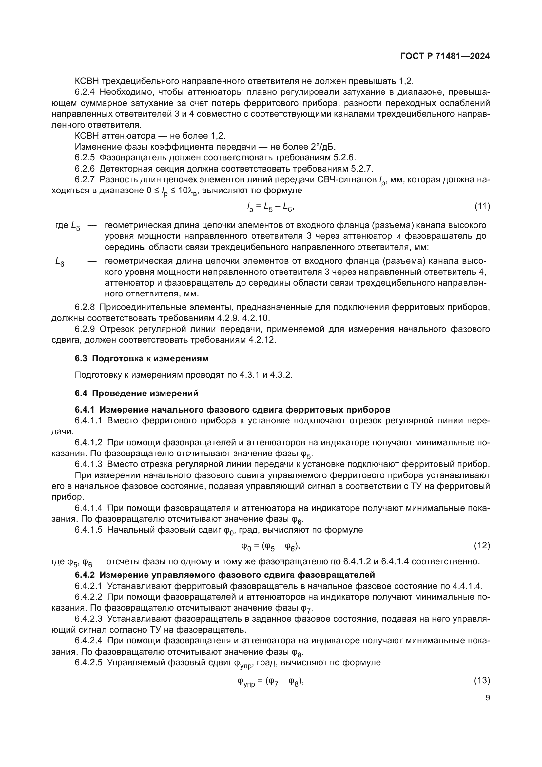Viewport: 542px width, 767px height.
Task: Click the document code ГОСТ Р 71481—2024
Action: coord(445,56)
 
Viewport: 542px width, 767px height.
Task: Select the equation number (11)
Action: coord(482,207)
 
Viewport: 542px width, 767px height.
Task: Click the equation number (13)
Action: coord(482,681)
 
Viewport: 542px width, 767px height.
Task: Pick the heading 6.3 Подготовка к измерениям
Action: coord(142,358)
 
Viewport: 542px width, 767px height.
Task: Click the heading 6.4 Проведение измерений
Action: coord(137,393)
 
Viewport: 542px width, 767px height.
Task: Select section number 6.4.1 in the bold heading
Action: coord(85,410)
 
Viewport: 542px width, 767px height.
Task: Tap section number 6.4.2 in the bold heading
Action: coord(85,575)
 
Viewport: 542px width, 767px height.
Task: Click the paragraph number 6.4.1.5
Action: coord(88,530)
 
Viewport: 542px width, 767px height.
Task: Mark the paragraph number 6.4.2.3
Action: coord(88,619)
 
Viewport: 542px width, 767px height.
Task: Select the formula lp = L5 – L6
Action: coord(270,208)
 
